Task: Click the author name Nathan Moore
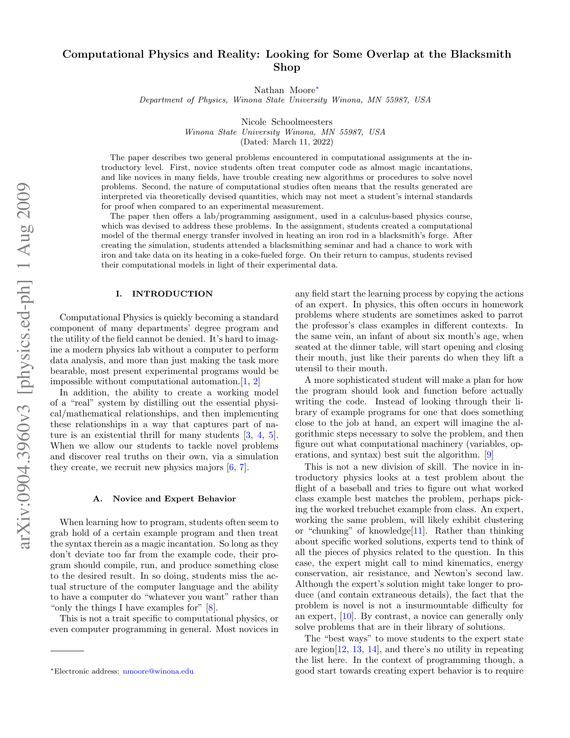pos(284,90)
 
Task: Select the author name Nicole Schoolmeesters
pos(287,122)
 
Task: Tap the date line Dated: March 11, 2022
pos(287,142)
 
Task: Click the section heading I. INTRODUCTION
pos(164,294)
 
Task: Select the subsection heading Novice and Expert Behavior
pos(164,499)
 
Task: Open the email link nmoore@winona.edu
pos(158,671)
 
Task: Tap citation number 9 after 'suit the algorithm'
pos(489,455)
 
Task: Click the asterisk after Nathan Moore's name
pos(317,89)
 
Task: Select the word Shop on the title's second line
pos(287,68)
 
